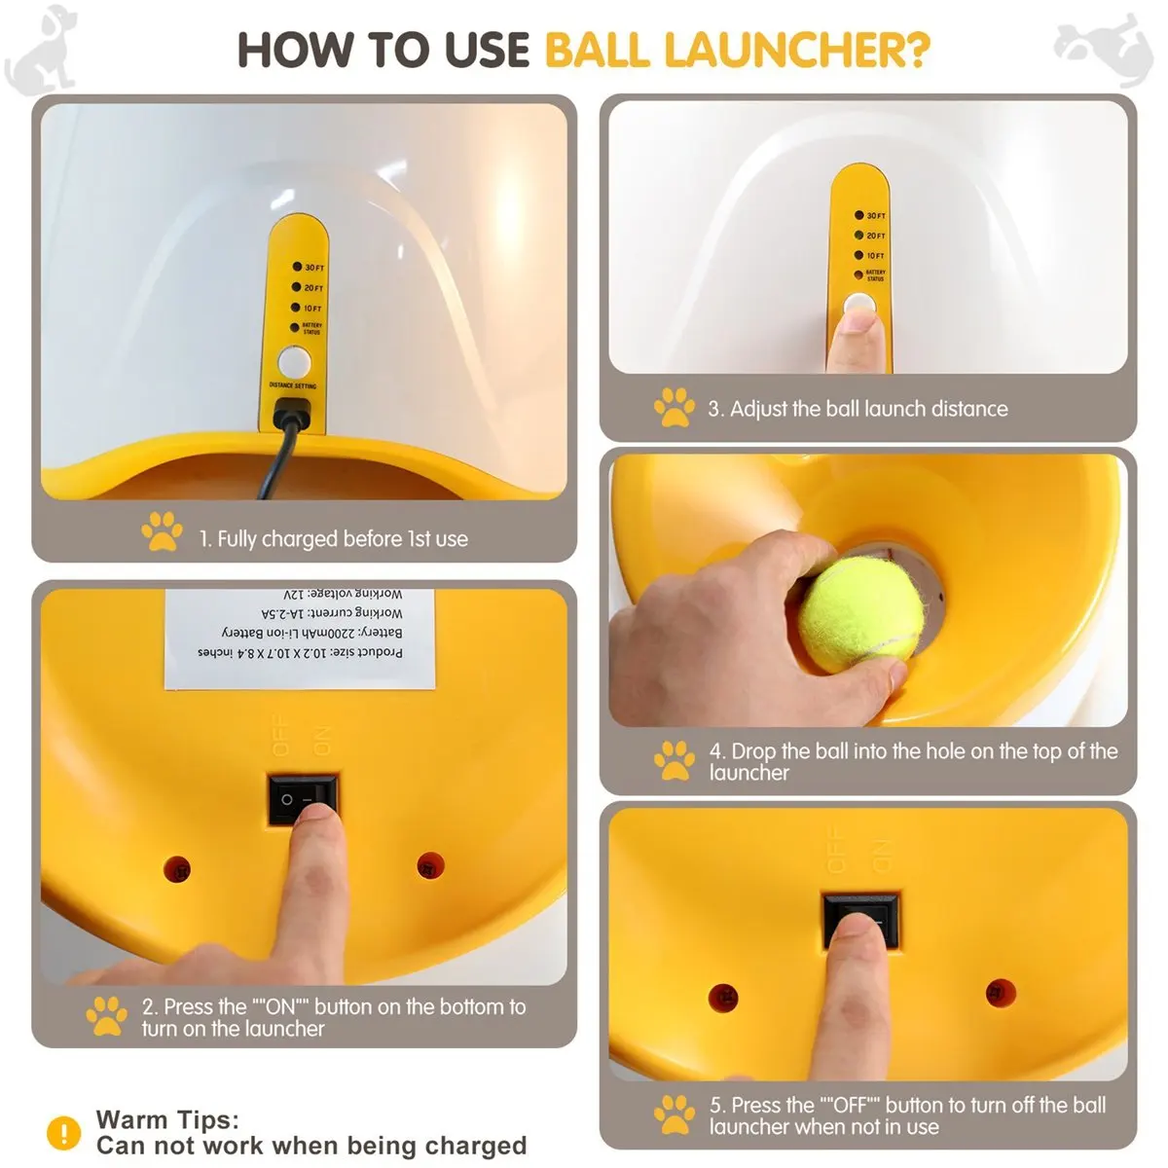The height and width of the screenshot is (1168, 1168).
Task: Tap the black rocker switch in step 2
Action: click(303, 797)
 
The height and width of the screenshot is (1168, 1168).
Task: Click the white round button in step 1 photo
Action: click(293, 362)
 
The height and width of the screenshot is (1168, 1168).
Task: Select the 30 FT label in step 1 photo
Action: click(313, 268)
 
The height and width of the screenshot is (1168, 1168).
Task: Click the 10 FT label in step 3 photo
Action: click(875, 256)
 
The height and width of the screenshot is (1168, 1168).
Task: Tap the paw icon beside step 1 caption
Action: click(162, 532)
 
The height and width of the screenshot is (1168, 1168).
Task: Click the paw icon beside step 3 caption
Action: click(674, 408)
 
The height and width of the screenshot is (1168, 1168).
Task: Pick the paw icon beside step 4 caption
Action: click(674, 760)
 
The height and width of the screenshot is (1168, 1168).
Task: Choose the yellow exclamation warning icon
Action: click(64, 1132)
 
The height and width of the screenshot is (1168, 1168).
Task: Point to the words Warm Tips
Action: click(167, 1119)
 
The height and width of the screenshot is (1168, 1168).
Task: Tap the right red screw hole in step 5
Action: click(1000, 993)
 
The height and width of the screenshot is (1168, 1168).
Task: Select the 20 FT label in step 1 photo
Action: click(313, 288)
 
